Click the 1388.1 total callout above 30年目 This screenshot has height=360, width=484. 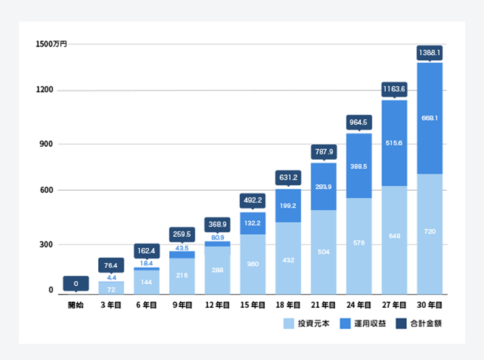click(x=430, y=52)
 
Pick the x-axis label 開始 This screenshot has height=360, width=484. click(x=76, y=306)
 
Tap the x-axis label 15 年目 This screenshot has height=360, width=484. click(x=252, y=306)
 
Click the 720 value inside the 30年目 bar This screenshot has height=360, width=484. click(x=430, y=231)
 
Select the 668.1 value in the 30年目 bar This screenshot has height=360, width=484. click(x=430, y=118)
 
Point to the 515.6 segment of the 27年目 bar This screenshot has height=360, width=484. click(x=395, y=143)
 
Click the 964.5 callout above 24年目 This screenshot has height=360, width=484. click(x=359, y=122)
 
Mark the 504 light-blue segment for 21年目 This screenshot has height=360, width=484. click(x=324, y=251)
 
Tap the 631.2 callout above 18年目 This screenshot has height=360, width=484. click(x=288, y=178)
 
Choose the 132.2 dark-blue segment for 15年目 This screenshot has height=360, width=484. click(x=252, y=223)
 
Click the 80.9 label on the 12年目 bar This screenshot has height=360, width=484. click(x=217, y=238)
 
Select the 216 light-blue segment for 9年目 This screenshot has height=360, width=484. click(x=182, y=275)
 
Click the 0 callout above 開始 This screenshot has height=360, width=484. click(x=76, y=284)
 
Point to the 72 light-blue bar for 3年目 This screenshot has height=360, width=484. click(x=111, y=289)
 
